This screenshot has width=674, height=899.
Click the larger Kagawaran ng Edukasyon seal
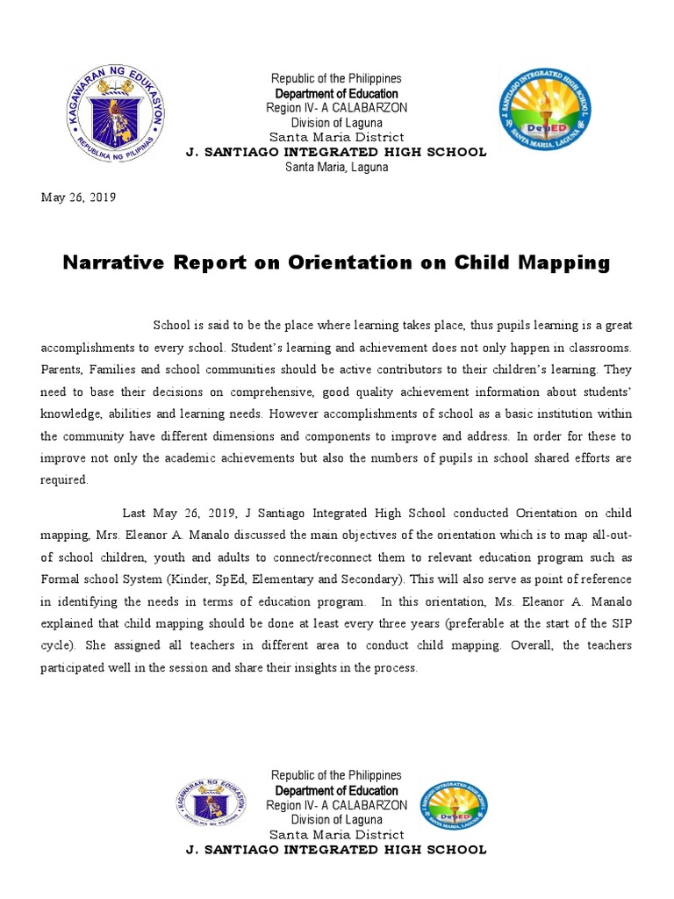click(116, 114)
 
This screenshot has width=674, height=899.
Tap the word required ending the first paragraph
click(64, 479)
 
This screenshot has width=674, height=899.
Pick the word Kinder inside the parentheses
click(187, 579)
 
